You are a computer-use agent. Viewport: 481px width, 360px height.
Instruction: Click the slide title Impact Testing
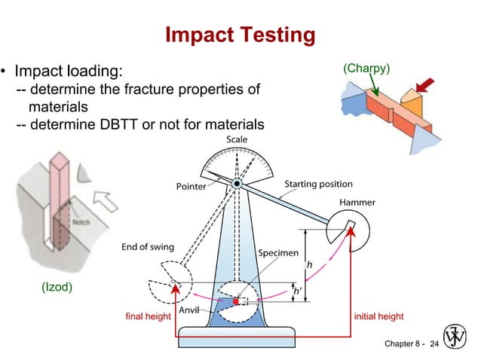tap(239, 35)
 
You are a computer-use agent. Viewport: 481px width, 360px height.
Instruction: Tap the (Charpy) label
tap(366, 69)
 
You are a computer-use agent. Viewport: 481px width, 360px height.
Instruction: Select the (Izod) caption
tap(57, 285)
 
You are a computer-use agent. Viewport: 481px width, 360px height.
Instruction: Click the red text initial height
tap(378, 316)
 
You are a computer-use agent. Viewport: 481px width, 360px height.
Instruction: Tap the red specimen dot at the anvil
tap(235, 301)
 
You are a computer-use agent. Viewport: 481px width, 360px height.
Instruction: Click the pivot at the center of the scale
tap(236, 183)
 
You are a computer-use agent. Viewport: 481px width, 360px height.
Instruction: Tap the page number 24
tap(433, 344)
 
